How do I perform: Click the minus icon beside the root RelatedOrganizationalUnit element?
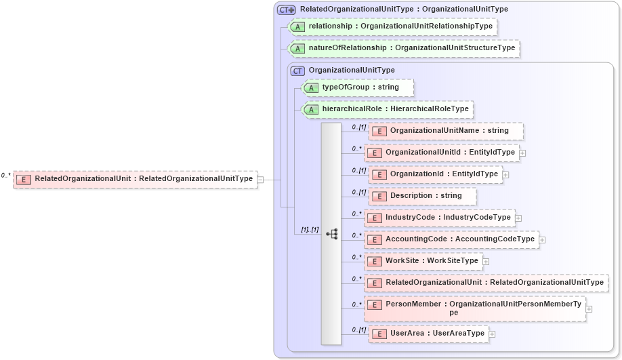260,180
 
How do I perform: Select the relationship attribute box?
393,26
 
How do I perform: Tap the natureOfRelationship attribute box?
404,48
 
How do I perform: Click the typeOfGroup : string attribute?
356,87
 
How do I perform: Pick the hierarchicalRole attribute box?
386,109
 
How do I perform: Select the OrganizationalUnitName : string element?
446,131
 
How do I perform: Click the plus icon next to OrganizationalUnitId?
522,153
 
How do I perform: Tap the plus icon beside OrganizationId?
505,175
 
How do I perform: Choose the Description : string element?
423,196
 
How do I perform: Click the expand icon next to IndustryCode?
518,218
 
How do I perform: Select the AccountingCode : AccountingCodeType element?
451,239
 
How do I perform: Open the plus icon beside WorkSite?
486,261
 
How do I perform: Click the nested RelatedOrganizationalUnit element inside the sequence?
486,283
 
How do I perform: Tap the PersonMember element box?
474,308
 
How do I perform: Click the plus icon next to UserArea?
492,334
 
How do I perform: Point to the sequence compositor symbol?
332,234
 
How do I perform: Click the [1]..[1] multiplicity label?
310,230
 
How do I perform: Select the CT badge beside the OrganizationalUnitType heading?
297,71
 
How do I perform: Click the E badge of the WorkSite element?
375,261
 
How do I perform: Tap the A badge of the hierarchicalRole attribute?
310,110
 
